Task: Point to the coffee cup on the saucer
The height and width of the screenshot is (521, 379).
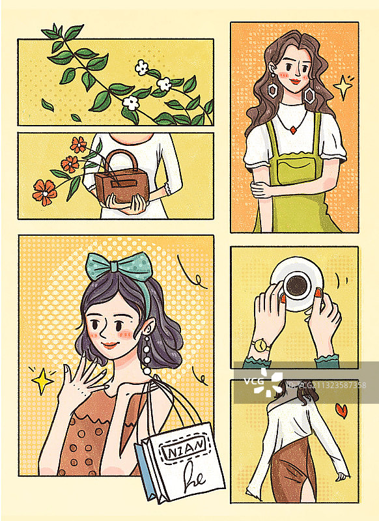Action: [298, 284]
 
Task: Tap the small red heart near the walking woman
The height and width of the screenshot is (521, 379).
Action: [340, 409]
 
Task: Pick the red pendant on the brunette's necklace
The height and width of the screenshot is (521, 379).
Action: [292, 129]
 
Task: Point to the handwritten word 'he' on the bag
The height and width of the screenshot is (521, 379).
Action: [194, 475]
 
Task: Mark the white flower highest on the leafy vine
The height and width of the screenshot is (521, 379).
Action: [141, 66]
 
